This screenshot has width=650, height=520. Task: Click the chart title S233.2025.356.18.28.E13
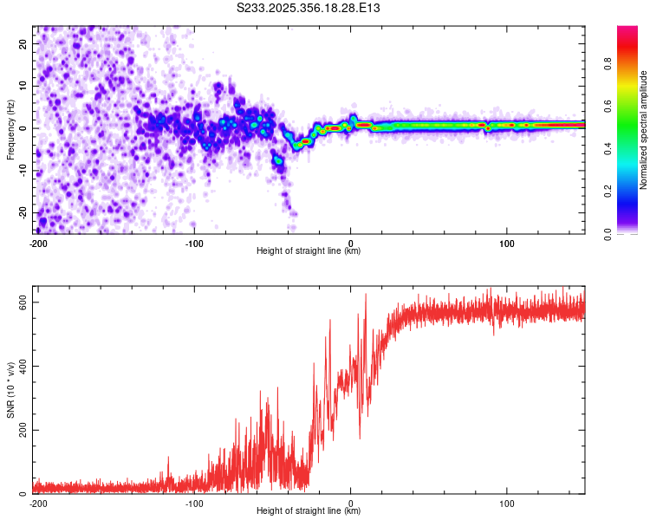309,8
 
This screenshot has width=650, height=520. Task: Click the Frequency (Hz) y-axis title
11,129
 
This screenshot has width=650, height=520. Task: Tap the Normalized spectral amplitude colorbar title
644,130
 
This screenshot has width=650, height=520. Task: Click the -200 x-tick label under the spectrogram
37,243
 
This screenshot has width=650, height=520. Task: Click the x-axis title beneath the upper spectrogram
309,251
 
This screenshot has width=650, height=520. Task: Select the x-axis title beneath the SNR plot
309,511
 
